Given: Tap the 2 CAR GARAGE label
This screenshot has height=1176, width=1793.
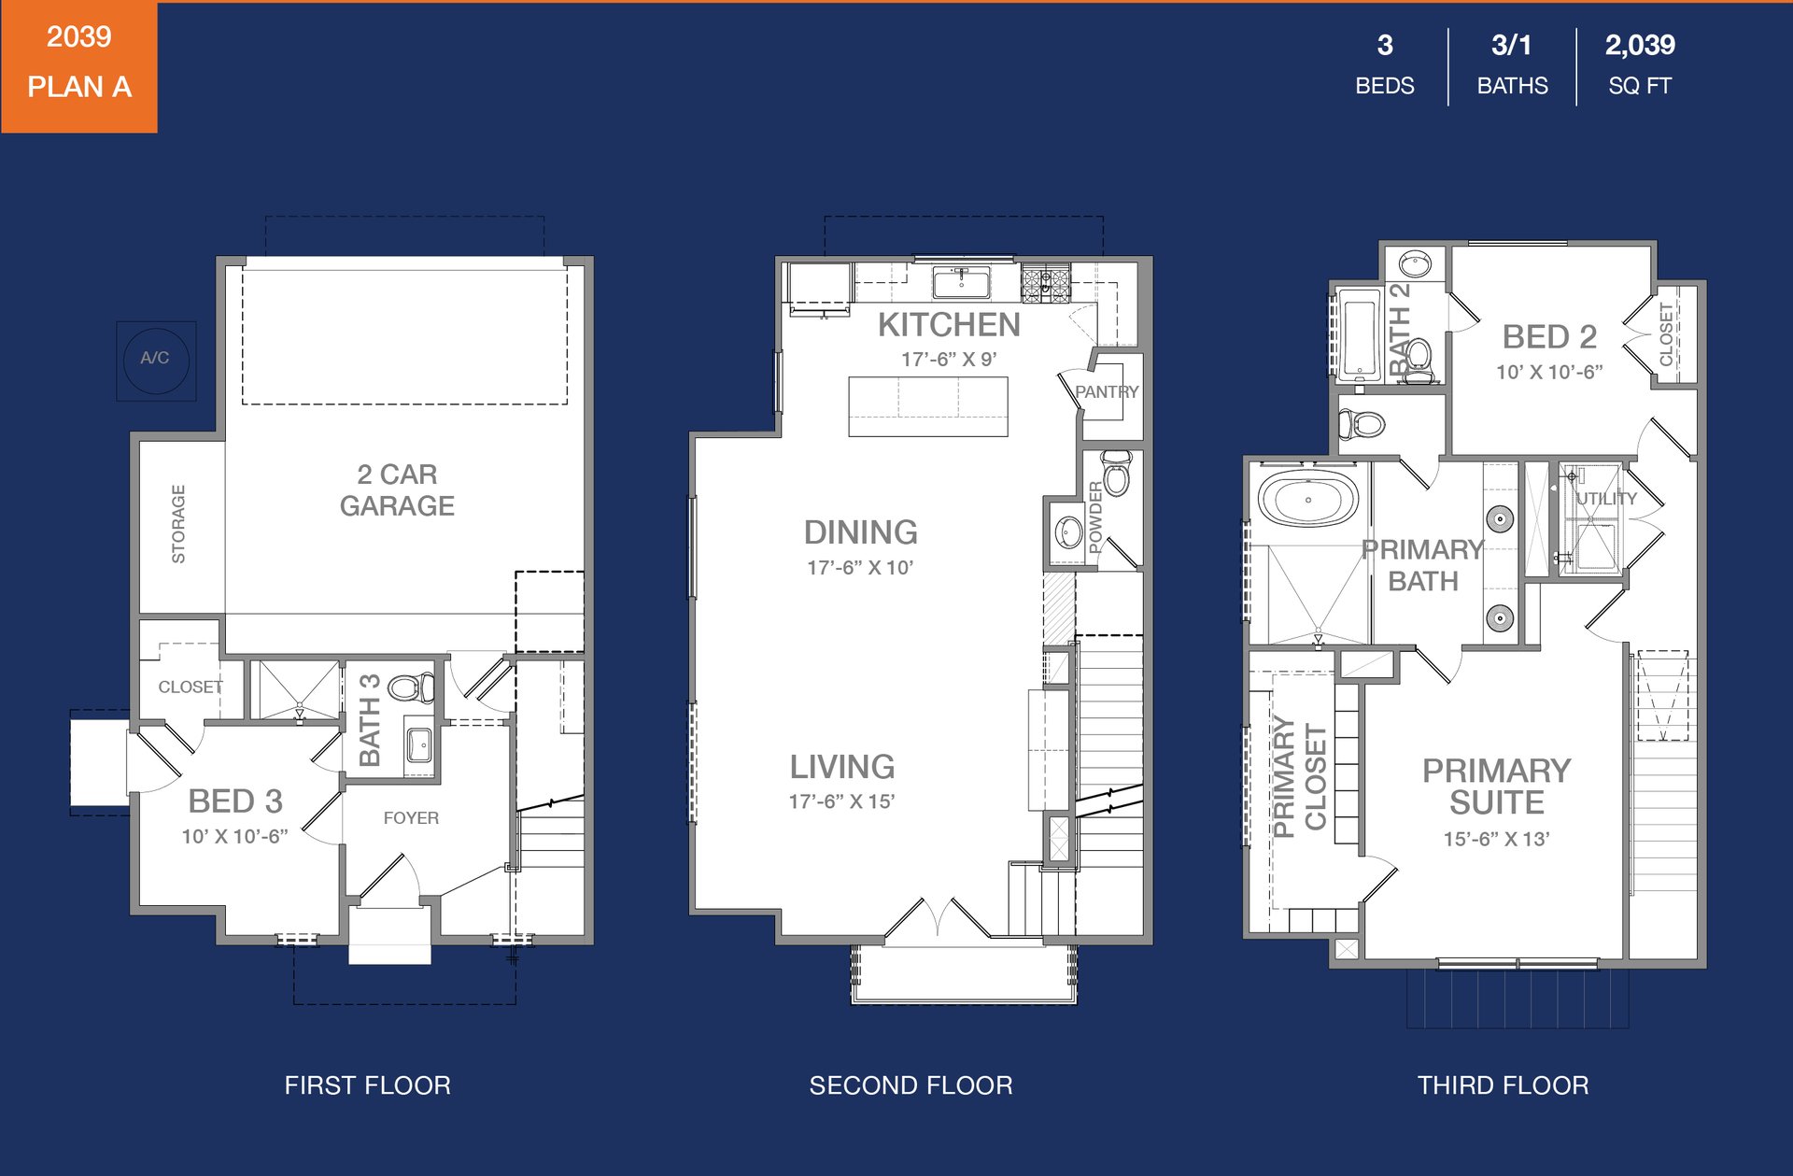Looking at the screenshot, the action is (397, 489).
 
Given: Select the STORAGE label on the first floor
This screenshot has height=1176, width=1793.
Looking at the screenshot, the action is (178, 524).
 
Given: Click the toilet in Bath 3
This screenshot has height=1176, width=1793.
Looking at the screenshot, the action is (410, 687).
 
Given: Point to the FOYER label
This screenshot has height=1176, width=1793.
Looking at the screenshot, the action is (411, 817).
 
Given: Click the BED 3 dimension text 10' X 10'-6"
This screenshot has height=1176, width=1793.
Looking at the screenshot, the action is (234, 836).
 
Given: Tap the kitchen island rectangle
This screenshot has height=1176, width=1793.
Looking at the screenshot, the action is (928, 406).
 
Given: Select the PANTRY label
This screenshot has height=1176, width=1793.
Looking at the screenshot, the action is (1107, 391).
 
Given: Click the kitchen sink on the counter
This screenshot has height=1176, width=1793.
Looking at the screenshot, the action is (961, 281).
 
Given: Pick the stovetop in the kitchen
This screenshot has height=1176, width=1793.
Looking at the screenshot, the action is (1045, 284).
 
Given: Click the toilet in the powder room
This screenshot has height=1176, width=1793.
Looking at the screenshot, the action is (1116, 473).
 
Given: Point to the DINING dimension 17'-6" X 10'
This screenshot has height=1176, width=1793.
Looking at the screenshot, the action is (860, 567).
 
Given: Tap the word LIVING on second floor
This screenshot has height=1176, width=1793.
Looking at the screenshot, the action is (842, 767).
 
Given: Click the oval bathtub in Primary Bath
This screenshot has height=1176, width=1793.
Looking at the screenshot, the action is (1307, 499).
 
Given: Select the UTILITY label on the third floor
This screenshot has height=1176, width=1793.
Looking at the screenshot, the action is (1606, 499).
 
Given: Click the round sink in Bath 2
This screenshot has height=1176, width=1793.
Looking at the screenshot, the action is (1415, 264).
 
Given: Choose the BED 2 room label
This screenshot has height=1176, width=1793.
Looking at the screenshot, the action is (1549, 336).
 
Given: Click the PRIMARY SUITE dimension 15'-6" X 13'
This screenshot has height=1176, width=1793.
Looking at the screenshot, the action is (1496, 839).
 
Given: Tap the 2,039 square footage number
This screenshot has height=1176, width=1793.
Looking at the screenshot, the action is (1640, 45).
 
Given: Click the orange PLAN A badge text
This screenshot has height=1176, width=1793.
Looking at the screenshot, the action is (79, 87).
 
